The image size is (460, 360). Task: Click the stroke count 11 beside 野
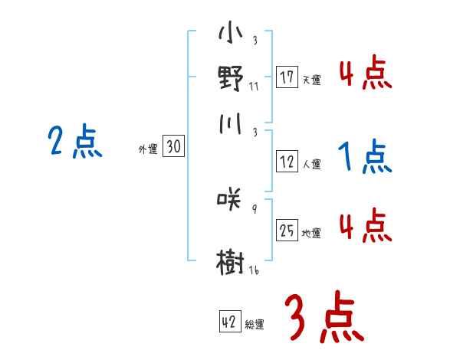click(x=254, y=86)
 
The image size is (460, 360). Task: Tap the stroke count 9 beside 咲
click(x=254, y=209)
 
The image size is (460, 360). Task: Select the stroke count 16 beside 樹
click(x=254, y=270)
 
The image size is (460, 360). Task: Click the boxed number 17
click(x=287, y=77)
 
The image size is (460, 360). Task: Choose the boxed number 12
click(x=287, y=162)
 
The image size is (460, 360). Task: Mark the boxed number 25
click(x=287, y=231)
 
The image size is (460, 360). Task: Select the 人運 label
click(x=311, y=164)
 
